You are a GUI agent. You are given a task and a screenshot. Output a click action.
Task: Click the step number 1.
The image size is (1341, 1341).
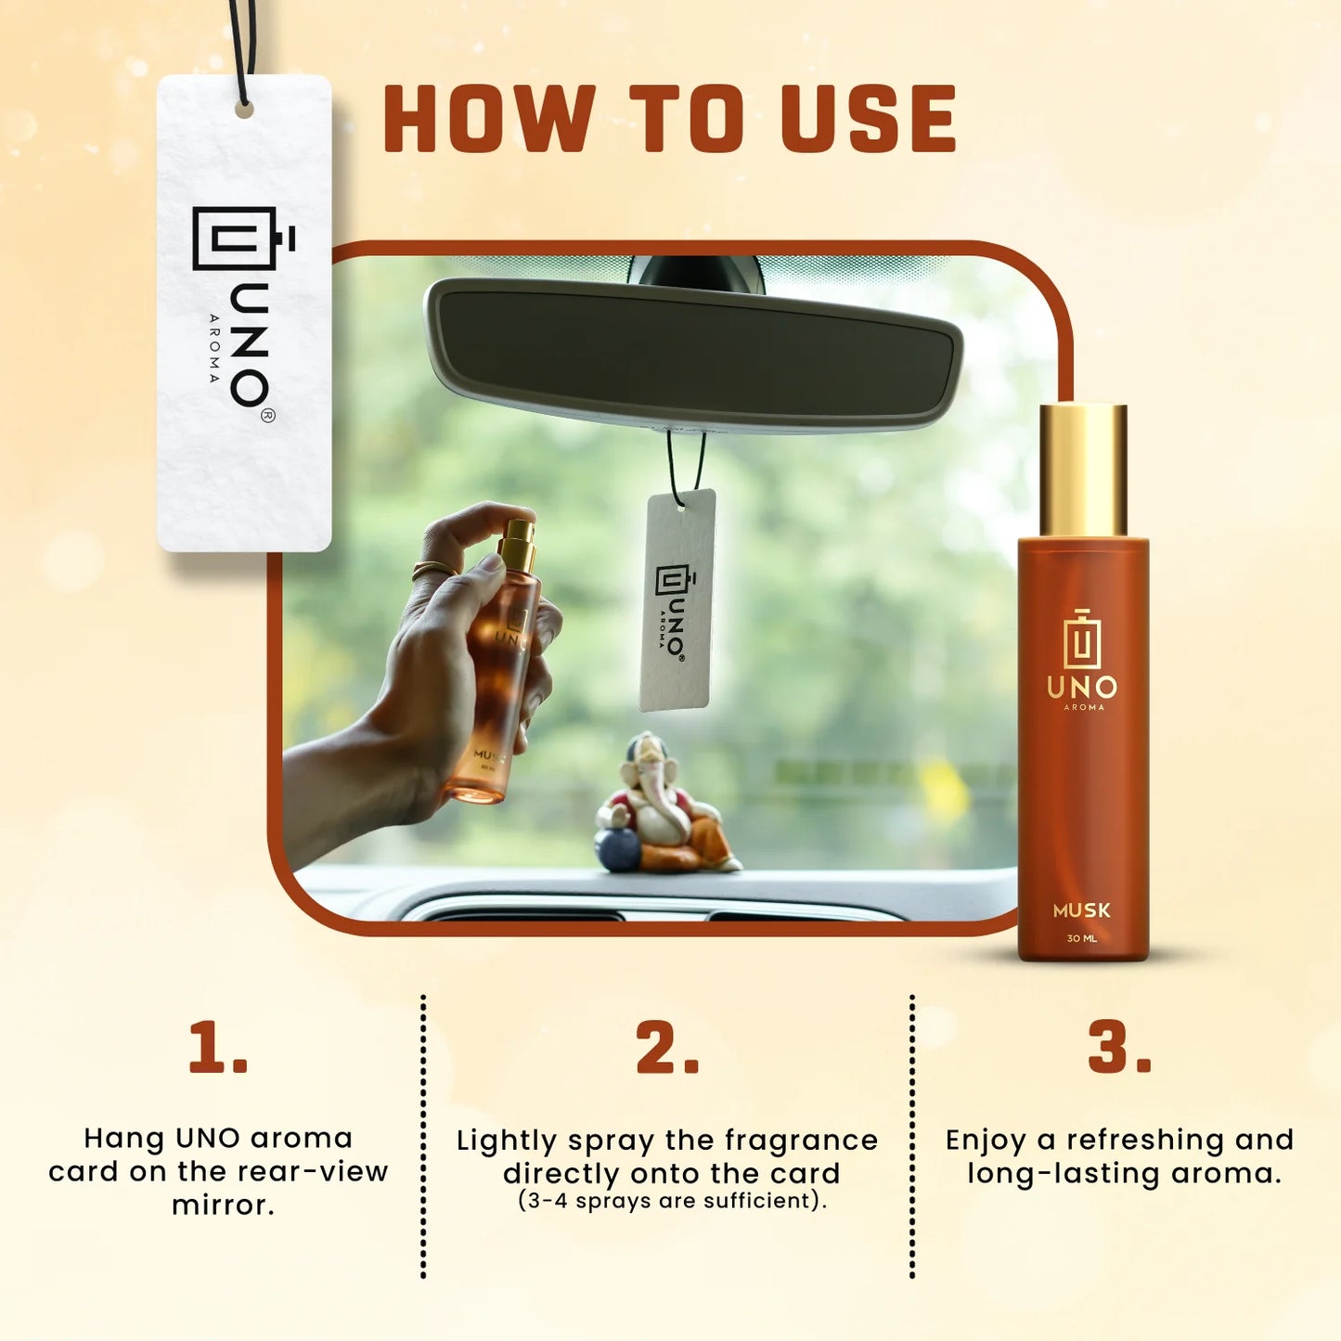click(x=218, y=1048)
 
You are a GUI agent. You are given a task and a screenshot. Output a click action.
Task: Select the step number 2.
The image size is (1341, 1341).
click(x=666, y=1048)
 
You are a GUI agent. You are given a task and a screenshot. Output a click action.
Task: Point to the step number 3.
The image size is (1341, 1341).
click(x=1119, y=1048)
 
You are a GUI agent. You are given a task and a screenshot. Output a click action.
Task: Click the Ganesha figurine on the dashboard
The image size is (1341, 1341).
click(x=664, y=803)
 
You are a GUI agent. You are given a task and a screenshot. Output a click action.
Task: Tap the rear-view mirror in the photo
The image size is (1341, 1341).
click(x=692, y=355)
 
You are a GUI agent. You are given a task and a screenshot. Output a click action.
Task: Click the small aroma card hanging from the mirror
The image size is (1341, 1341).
click(x=678, y=600)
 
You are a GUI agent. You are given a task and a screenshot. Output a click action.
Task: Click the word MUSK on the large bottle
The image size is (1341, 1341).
click(x=1081, y=910)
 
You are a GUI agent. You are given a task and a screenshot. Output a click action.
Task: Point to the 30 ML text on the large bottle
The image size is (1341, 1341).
click(x=1081, y=939)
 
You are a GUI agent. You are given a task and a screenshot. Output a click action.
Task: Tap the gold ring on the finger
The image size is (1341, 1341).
click(x=432, y=569)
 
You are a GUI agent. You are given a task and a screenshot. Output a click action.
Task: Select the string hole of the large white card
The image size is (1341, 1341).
click(x=243, y=110)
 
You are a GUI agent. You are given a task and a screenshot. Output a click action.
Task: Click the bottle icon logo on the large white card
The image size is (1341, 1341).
click(x=243, y=238)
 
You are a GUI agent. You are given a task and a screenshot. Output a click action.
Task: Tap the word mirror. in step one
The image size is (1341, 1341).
click(x=224, y=1206)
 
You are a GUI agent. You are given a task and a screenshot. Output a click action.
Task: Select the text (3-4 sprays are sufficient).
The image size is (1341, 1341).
click(x=672, y=1201)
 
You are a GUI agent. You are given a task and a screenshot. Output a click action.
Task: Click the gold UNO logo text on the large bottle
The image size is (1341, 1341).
click(x=1082, y=688)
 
